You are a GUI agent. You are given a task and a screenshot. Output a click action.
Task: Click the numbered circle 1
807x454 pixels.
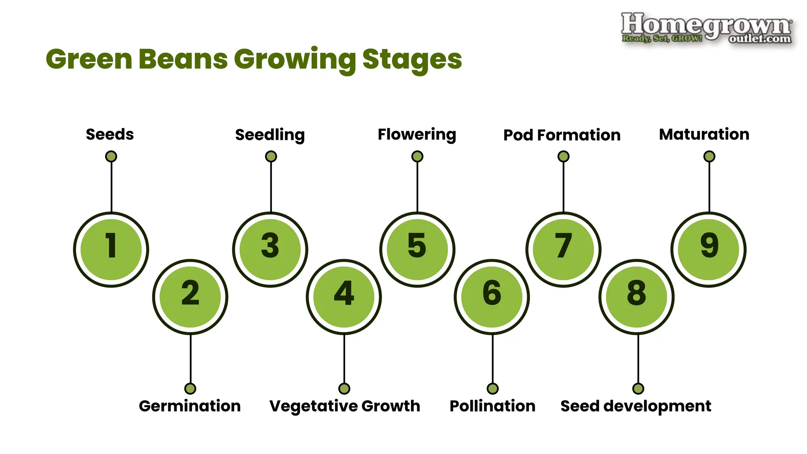click(x=111, y=249)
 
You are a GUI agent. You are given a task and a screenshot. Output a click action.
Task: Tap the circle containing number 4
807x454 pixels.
click(x=344, y=296)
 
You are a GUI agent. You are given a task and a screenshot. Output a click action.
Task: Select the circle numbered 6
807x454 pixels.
click(x=492, y=296)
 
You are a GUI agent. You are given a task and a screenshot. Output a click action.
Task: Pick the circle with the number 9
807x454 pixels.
click(x=709, y=249)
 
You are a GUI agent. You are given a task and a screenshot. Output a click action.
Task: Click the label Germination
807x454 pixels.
click(x=190, y=406)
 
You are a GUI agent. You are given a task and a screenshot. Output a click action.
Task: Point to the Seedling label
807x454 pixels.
click(x=270, y=135)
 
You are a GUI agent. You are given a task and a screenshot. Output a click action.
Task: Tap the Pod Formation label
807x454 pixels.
click(x=562, y=135)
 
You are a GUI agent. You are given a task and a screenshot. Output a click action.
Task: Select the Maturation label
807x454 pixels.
click(x=704, y=134)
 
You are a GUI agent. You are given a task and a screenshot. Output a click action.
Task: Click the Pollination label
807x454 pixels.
click(x=492, y=406)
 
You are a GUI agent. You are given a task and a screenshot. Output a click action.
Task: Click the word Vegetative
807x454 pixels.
click(x=313, y=406)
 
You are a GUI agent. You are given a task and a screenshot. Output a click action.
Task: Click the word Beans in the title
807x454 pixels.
click(x=183, y=59)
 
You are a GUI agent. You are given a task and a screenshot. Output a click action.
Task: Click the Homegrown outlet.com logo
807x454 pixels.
click(x=706, y=28)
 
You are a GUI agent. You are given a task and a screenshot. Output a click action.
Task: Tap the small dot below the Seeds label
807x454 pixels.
click(x=111, y=156)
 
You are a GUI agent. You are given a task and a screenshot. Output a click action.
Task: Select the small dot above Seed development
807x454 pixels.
click(x=638, y=389)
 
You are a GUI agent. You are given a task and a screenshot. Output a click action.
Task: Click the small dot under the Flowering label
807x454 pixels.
click(x=417, y=156)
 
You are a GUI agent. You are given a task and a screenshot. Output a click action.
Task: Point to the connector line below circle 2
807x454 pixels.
click(x=190, y=359)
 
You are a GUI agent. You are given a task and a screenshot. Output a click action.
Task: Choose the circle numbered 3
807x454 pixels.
click(x=270, y=249)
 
